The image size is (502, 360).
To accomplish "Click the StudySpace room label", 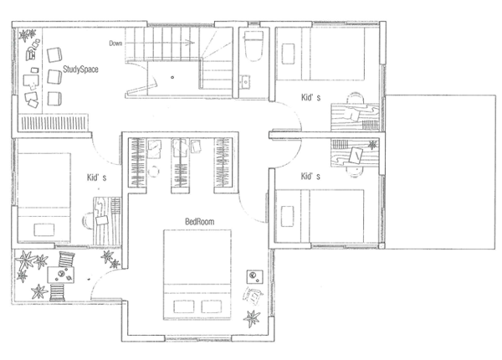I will [81, 70].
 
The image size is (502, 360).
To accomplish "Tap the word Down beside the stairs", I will [116, 42].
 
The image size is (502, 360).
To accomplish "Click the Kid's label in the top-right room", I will [311, 98].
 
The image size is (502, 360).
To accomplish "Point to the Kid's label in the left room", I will [97, 177].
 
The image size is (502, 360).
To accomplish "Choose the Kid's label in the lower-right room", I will [311, 177].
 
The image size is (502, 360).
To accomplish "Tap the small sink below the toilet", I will [245, 82].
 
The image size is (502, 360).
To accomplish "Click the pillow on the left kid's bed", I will [43, 229].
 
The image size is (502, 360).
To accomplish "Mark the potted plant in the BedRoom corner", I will [251, 319].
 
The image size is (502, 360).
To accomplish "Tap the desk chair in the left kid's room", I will [89, 220].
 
